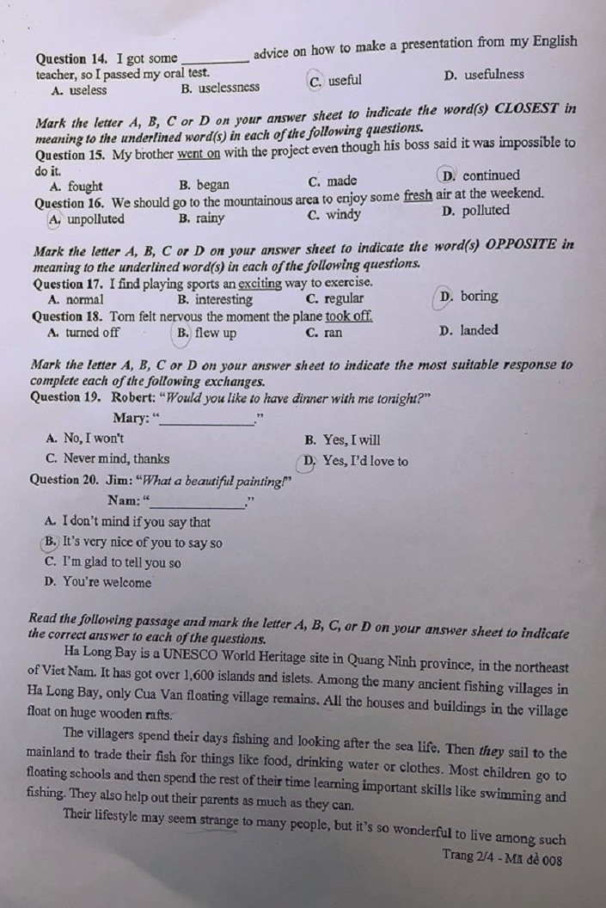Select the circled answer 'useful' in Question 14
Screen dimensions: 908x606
(x=344, y=81)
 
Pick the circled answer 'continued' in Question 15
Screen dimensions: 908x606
(x=491, y=175)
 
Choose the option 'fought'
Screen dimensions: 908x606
(x=84, y=186)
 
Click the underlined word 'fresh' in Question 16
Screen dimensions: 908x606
(x=418, y=194)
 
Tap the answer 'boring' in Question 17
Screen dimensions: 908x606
(x=478, y=297)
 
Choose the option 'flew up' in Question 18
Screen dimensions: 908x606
(x=214, y=333)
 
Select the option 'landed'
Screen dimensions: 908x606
(x=478, y=330)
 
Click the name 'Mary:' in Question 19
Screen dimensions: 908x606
(x=132, y=419)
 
